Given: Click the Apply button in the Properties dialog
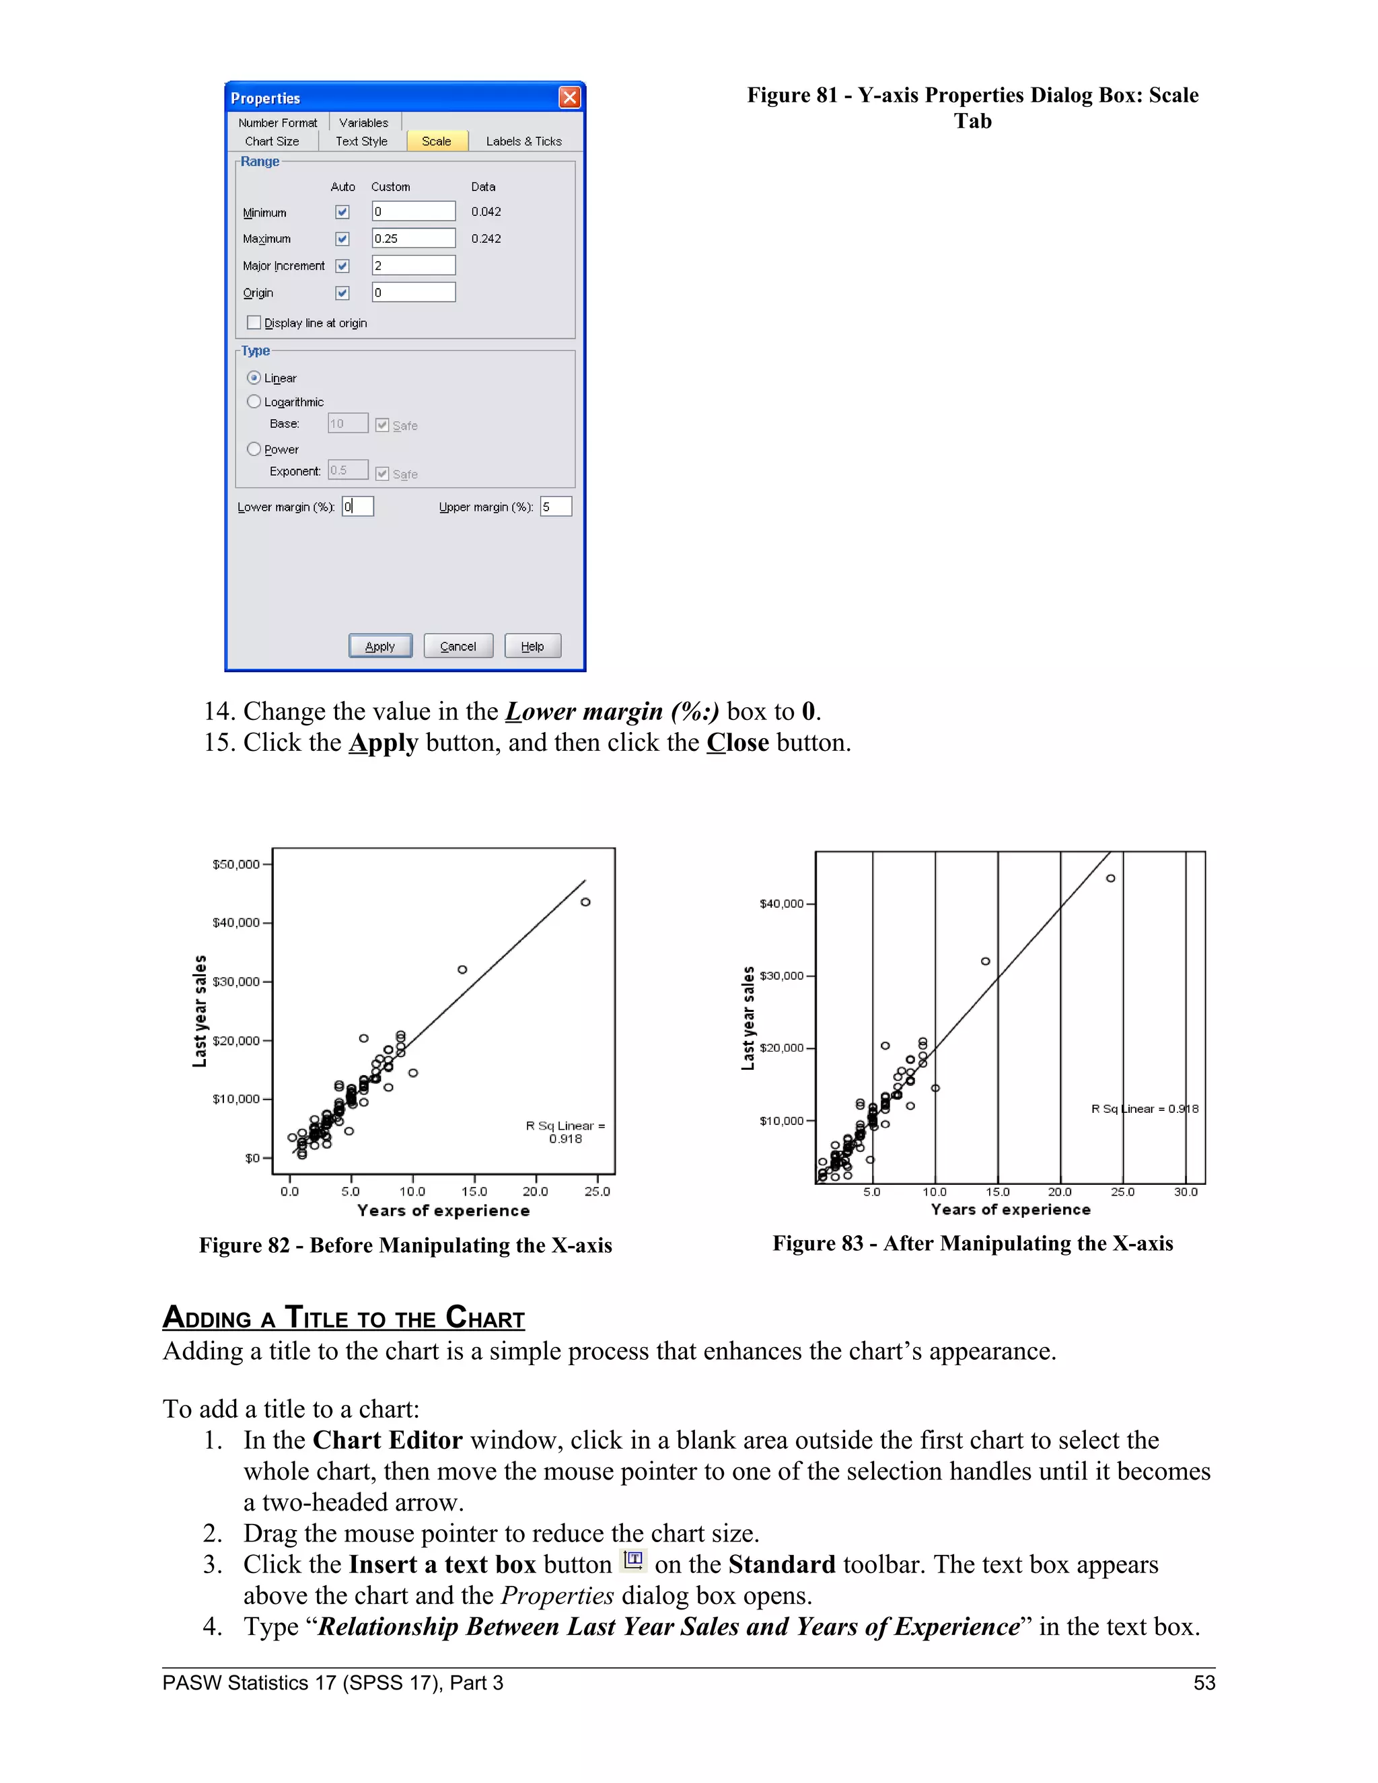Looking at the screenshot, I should [379, 646].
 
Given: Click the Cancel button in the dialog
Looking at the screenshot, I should [458, 646].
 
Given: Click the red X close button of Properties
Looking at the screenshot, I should [569, 98].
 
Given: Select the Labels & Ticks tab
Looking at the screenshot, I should [523, 141].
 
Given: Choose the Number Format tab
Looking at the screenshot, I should [278, 122].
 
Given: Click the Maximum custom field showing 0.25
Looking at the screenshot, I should [413, 238].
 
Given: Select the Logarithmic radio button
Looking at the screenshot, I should [254, 402].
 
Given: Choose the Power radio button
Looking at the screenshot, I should [254, 449].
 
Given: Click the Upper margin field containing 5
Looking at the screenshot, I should [555, 507].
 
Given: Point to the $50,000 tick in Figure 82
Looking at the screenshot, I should [237, 865].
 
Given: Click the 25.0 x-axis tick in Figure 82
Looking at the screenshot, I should [597, 1191].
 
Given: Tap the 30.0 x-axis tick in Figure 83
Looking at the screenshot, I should [1186, 1192].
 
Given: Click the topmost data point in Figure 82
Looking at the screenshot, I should [585, 902].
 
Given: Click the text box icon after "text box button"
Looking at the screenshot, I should [633, 1560].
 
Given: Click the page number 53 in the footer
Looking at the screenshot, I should [1204, 1683].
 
